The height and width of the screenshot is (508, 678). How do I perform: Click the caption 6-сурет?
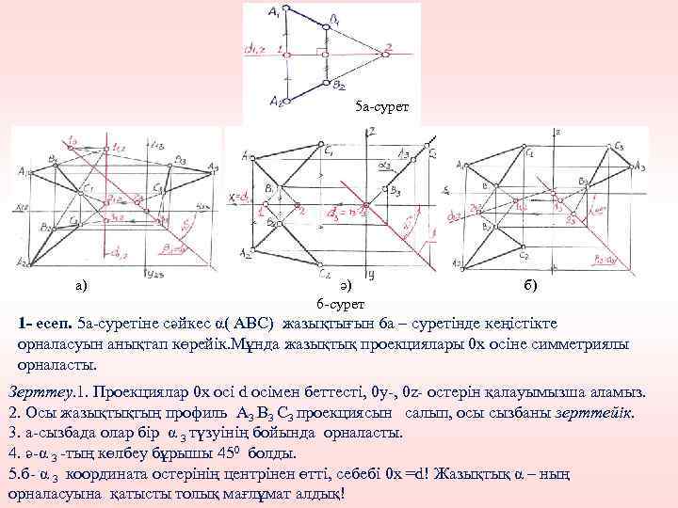[x=337, y=303]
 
